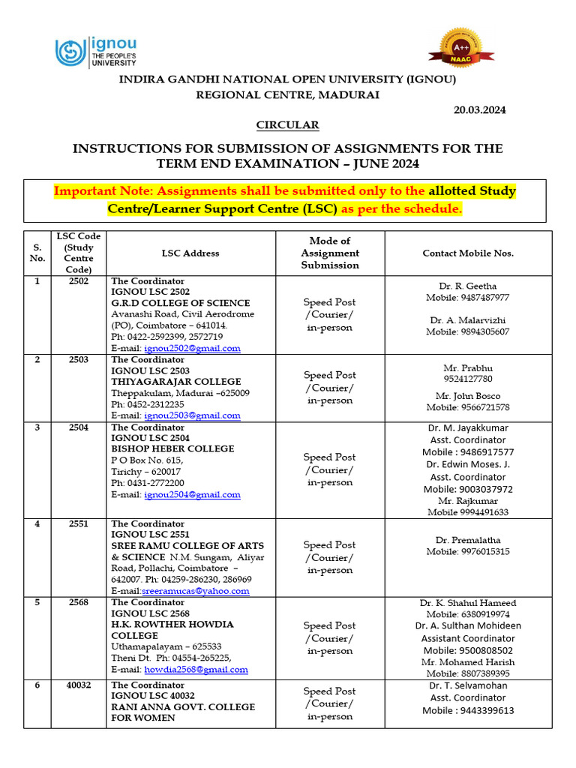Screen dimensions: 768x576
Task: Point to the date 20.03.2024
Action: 480,109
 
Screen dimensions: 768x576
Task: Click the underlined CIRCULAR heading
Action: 288,124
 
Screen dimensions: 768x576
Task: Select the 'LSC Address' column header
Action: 190,253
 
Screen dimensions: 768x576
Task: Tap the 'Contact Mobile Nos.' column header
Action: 468,253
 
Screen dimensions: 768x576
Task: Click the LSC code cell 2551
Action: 79,524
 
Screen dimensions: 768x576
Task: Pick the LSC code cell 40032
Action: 79,685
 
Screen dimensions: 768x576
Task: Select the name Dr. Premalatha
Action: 468,540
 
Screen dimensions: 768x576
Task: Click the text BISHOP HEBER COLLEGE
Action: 172,448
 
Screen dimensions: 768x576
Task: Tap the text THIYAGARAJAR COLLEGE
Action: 176,382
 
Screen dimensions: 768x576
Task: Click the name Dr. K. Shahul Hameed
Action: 468,603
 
